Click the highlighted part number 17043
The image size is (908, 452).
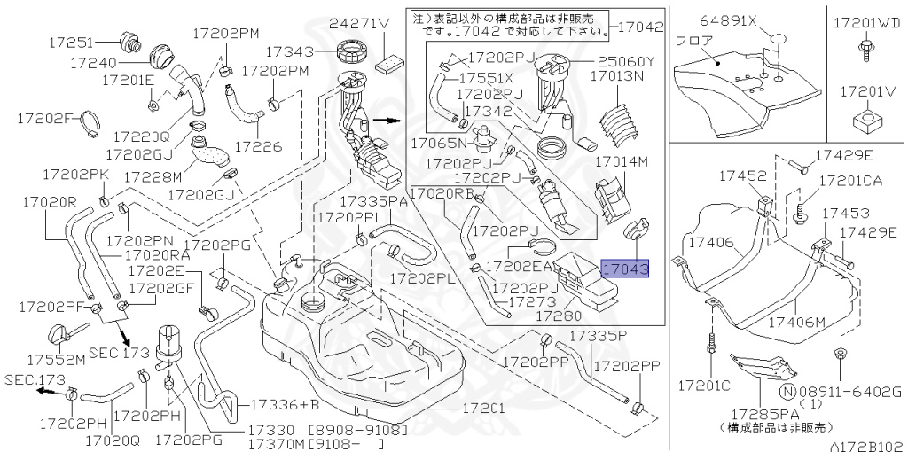[x=625, y=268]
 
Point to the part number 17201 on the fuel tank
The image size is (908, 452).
[x=483, y=409]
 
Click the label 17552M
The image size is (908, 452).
[x=55, y=360]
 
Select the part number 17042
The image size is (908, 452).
[x=638, y=27]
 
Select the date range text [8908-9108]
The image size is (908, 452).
[x=358, y=431]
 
